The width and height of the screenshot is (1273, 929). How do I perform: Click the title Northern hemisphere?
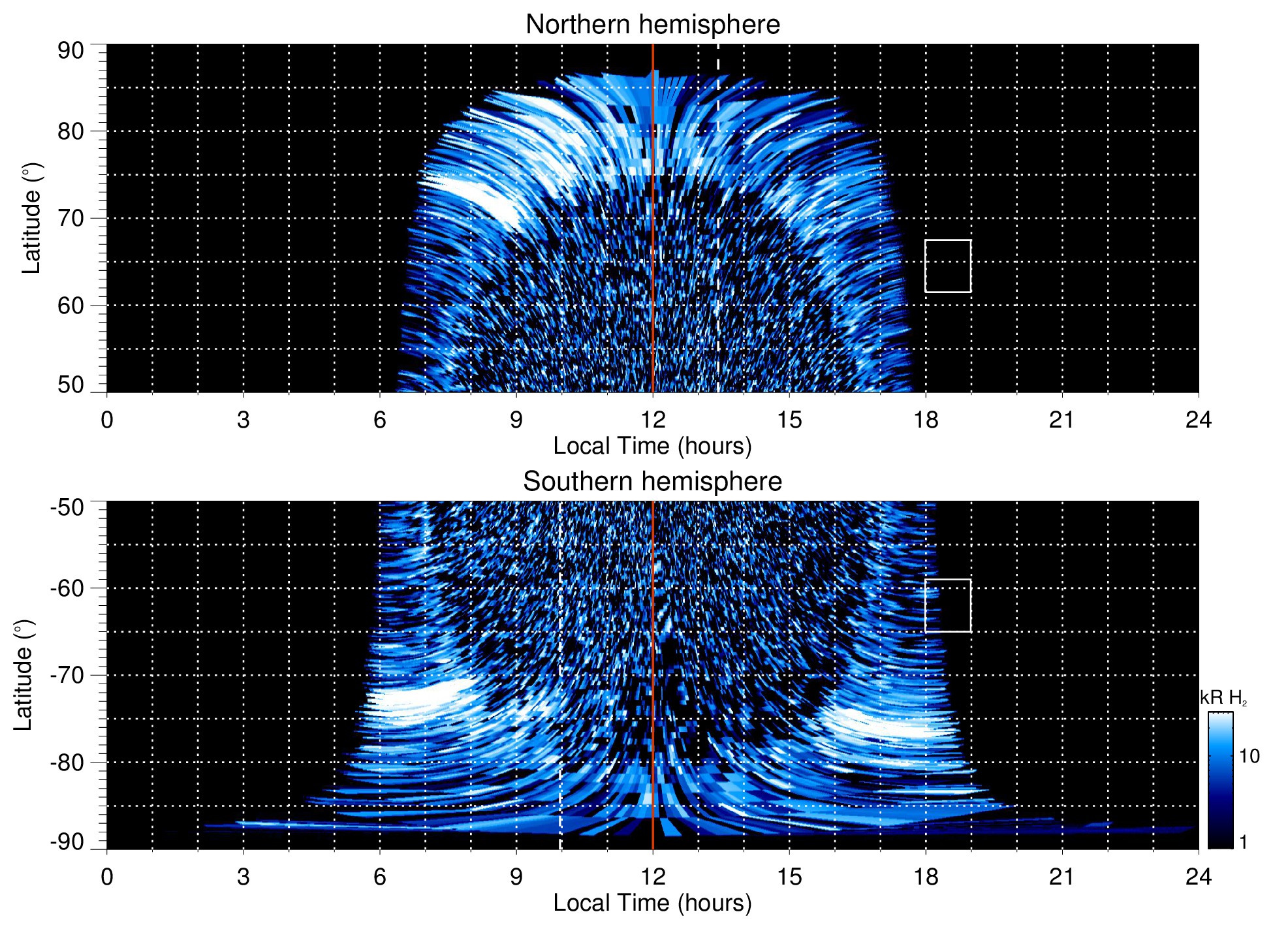652,25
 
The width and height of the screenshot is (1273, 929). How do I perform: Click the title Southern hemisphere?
652,482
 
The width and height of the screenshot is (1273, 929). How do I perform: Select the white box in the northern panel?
948,266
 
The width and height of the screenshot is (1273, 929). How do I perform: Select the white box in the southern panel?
948,605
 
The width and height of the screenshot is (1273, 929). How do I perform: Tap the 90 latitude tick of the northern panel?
71,51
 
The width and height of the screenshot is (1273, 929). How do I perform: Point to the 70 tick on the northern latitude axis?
71,218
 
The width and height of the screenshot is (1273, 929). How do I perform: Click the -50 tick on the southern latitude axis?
67,507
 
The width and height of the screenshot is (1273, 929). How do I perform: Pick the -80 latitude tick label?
67,762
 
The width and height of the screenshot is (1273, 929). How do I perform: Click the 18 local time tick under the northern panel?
926,419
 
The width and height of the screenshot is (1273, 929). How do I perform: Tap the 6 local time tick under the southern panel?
379,876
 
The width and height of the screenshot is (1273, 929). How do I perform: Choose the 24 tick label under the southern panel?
1198,876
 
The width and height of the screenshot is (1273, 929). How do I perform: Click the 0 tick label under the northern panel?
107,419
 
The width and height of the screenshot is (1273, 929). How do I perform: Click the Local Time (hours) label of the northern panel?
652,446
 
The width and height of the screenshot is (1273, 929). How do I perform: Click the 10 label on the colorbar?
1249,756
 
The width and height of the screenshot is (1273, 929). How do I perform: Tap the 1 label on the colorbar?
1243,842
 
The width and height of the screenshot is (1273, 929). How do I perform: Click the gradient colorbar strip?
1219,780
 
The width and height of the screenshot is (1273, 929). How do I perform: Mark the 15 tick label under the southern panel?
789,876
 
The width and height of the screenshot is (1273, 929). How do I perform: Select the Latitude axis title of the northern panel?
31,218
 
